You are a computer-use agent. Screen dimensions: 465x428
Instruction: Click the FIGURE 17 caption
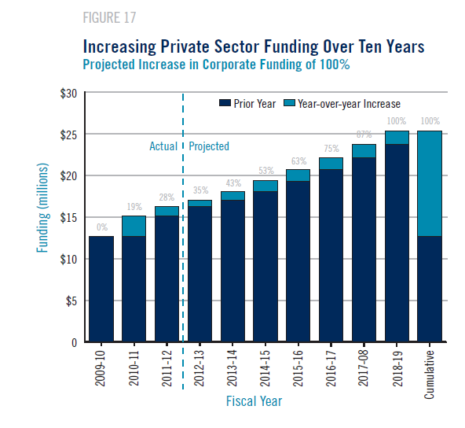[x=109, y=18]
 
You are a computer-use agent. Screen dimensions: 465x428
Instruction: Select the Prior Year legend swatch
[x=225, y=103]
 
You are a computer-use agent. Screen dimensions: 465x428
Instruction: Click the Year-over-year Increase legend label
[x=349, y=104]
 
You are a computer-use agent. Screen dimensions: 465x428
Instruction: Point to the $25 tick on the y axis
[x=68, y=135]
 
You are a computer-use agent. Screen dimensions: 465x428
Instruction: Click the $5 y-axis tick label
[x=71, y=301]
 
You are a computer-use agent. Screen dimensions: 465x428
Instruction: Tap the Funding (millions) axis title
[x=42, y=208]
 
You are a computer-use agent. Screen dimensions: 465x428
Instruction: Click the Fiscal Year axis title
[x=254, y=401]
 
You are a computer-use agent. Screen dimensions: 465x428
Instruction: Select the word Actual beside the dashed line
[x=163, y=146]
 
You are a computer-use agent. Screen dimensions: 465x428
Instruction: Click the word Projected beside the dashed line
[x=209, y=146]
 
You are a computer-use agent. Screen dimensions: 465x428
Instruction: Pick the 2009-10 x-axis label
[x=101, y=368]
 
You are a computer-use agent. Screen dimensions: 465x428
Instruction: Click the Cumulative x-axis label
[x=429, y=374]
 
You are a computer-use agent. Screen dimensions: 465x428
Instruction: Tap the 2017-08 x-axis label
[x=363, y=368]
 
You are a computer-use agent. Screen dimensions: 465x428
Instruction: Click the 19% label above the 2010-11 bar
[x=134, y=207]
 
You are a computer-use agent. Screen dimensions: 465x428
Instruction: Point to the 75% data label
[x=331, y=148]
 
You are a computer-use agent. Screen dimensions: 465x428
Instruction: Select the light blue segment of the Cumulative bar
[x=430, y=183]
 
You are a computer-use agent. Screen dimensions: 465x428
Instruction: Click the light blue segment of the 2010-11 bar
[x=134, y=226]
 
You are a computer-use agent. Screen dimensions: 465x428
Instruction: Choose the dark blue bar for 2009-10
[x=101, y=289]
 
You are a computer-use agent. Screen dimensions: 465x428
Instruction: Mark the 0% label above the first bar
[x=102, y=227]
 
